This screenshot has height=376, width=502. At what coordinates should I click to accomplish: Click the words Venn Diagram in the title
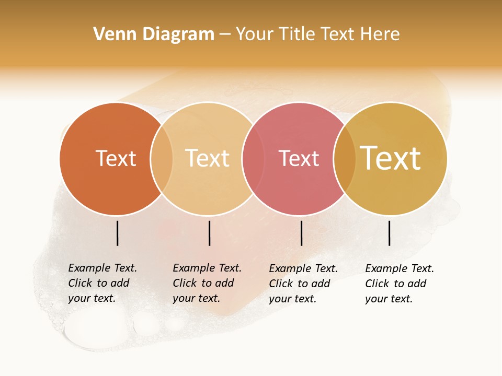point(154,34)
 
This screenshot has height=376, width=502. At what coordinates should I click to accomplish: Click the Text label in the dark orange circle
point(116,158)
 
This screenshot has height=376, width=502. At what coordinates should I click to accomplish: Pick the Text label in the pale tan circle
point(208,158)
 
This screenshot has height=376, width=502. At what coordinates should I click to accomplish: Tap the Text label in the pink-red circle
point(299,158)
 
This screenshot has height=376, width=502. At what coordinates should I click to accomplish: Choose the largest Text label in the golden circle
point(390,158)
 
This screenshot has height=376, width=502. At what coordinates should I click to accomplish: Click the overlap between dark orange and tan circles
point(162,159)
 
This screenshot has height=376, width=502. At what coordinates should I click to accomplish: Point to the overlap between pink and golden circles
point(345,159)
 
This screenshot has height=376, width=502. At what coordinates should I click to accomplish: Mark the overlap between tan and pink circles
point(248,159)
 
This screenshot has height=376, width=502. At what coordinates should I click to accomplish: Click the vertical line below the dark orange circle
point(118,233)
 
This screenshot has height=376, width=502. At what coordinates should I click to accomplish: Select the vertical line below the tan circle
point(209,233)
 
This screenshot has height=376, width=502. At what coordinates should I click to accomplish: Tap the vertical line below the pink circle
point(301,233)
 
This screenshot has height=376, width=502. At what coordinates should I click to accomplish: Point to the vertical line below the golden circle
point(390,233)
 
